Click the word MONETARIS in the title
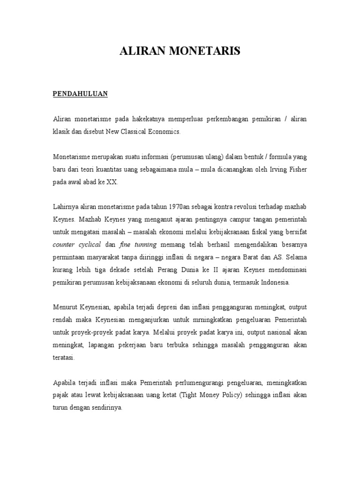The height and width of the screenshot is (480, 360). coord(207,52)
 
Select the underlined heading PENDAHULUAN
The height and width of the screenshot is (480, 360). coord(80,94)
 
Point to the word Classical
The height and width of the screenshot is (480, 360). coord(141,132)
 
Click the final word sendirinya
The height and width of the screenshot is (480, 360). coord(106,408)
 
